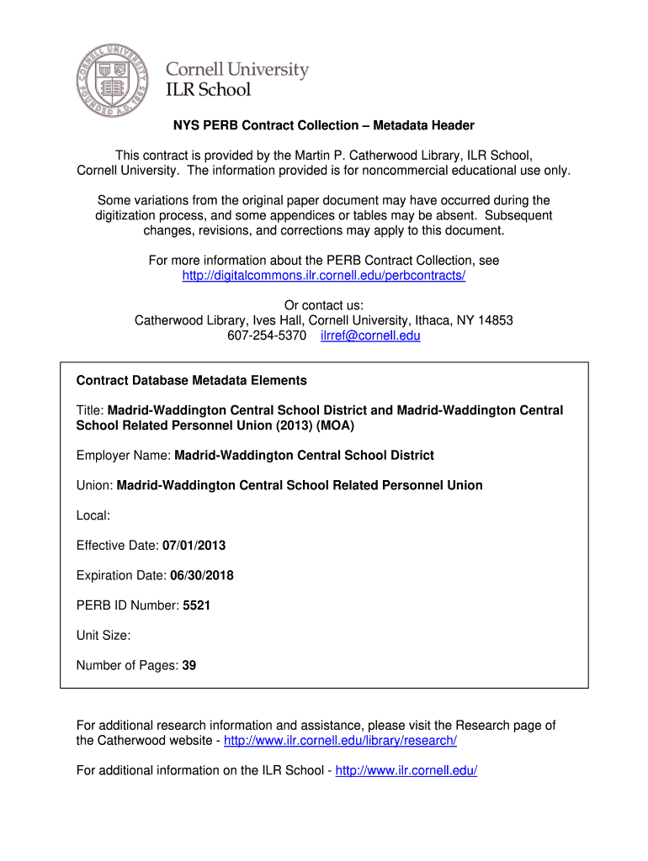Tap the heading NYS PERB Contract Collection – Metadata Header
coord(324,125)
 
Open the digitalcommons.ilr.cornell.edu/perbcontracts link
coord(324,276)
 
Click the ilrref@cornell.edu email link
coord(370,335)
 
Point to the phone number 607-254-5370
coord(267,335)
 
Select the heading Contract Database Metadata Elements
coord(192,380)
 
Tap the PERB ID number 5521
coord(196,605)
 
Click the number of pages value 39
coord(189,665)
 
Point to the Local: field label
coord(93,515)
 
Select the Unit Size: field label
coord(104,635)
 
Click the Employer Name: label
coord(123,455)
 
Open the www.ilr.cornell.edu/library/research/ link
coord(341,740)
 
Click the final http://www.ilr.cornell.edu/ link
coord(406,770)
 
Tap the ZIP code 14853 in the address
coord(496,320)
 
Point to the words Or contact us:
coord(324,305)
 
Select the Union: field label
coord(94,484)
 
